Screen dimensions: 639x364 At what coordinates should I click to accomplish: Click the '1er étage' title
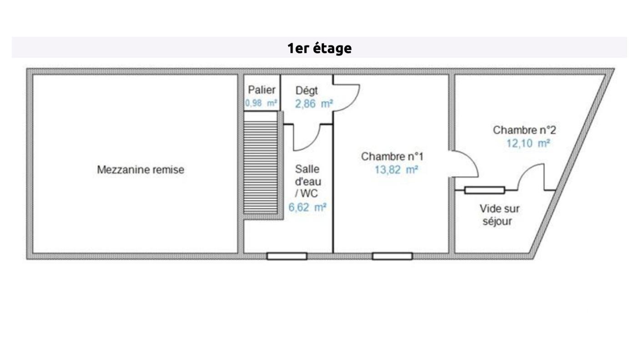pos(319,48)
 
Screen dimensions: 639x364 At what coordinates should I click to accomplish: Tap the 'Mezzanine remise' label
pos(141,170)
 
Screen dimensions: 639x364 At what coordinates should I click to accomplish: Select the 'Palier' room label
pos(262,90)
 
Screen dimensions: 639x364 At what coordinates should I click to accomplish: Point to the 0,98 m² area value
pos(261,103)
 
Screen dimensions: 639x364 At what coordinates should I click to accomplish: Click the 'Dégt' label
pos(307,91)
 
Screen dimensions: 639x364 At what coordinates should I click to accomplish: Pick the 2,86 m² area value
pos(314,104)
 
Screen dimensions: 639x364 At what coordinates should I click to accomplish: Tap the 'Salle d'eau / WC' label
pos(308,181)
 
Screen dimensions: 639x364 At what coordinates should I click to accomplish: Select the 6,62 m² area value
pos(307,207)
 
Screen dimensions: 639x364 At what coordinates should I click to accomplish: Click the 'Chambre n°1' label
pos(392,157)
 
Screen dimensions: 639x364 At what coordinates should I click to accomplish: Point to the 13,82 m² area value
pos(396,170)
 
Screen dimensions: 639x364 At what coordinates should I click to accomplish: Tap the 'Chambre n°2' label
pos(524,130)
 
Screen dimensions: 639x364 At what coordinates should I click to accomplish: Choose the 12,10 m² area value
pos(528,143)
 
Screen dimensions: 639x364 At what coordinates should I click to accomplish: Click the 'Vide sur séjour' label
pos(499,215)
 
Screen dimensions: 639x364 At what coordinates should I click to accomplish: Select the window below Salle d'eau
pos(287,256)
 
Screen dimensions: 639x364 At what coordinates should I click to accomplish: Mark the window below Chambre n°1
pos(392,256)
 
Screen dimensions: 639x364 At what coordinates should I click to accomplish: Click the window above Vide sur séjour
pos(485,190)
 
